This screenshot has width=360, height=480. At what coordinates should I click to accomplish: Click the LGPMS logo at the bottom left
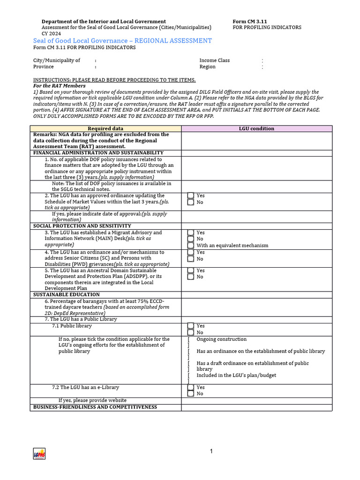point(39,453)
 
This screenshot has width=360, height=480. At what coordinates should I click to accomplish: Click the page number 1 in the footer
point(211,451)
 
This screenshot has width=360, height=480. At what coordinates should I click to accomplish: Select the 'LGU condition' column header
point(256,128)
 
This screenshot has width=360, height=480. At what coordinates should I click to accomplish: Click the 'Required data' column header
point(105,128)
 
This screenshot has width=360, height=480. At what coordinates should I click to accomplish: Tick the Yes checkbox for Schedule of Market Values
point(191,196)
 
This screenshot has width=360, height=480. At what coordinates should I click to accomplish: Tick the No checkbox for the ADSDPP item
point(191,277)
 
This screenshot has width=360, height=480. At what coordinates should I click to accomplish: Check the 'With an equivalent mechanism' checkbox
point(191,245)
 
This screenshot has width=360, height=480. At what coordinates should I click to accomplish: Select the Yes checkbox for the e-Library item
point(191,388)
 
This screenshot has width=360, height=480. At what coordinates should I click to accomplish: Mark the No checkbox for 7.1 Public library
point(191,332)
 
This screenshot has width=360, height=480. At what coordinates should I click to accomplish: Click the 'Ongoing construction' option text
point(221,339)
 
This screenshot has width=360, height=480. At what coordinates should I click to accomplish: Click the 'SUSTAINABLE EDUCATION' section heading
point(66,295)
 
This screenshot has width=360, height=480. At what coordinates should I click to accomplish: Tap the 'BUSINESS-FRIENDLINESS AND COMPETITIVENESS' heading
point(95,407)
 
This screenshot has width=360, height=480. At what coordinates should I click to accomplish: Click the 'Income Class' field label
point(215,60)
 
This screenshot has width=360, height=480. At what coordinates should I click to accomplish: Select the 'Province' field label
point(43,67)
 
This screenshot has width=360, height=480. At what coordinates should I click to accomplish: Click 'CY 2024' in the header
point(51,33)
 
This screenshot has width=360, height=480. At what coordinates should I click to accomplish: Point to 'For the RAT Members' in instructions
point(59,86)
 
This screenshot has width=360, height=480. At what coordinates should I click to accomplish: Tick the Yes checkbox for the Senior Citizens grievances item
point(191,252)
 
